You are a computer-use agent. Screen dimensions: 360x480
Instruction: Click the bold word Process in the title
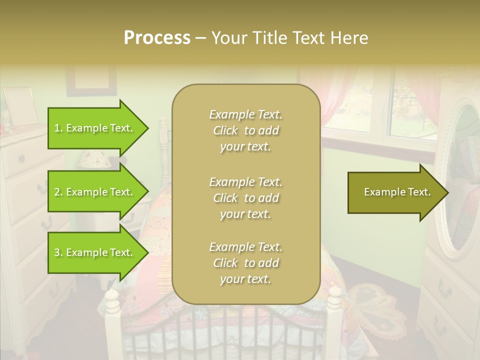[x=157, y=38]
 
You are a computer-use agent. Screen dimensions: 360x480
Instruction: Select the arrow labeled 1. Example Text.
[x=95, y=128]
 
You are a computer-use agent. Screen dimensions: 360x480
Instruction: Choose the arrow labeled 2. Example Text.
[x=95, y=192]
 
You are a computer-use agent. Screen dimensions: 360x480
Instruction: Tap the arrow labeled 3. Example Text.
[x=95, y=252]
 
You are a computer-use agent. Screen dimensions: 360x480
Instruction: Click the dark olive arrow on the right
[x=395, y=192]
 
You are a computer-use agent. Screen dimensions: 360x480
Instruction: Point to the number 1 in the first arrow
[x=57, y=128]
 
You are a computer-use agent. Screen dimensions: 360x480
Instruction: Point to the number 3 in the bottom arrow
[x=57, y=252]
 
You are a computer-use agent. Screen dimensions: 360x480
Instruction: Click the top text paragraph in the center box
[x=245, y=130]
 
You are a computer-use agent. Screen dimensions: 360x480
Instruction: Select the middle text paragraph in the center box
[x=245, y=198]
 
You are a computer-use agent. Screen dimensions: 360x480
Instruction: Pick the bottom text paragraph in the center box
[x=245, y=263]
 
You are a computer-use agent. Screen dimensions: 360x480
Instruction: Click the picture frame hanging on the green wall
[x=91, y=80]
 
